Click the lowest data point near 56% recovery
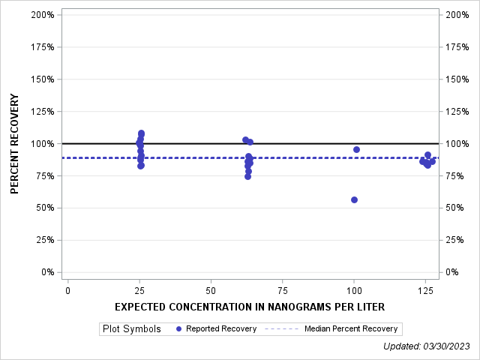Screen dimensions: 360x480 [354, 199]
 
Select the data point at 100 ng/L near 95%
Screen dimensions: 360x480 [356, 149]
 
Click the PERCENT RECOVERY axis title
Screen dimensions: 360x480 [15, 143]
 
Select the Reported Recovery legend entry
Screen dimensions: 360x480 [221, 328]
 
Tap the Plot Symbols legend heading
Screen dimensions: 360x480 [132, 328]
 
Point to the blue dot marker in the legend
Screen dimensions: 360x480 [178, 328]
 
